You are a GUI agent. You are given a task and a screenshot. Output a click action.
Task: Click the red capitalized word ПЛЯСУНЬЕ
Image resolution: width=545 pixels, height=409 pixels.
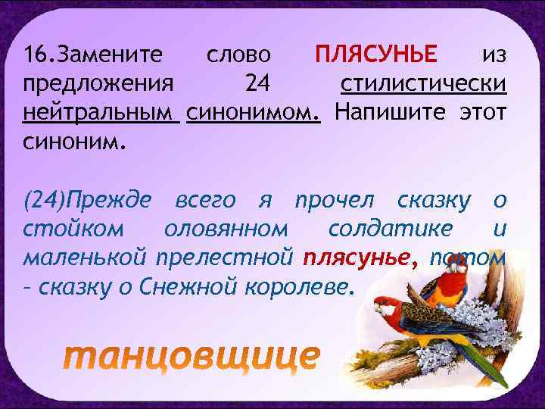(x=376, y=55)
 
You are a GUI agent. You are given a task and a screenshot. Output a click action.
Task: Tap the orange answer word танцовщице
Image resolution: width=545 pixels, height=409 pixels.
(x=191, y=357)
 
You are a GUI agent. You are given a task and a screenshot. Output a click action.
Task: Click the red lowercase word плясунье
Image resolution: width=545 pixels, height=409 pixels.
(x=360, y=257)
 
